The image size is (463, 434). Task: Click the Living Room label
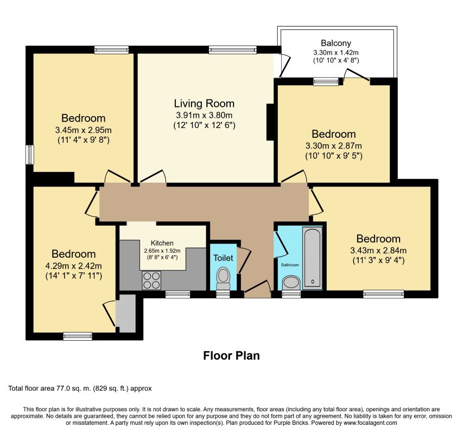point(204,104)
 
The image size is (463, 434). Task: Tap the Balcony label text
point(336,43)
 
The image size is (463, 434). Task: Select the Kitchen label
point(162,243)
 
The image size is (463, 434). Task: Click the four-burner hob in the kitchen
point(151,280)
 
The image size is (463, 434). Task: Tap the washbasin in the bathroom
point(291,282)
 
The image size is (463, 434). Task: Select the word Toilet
point(223,258)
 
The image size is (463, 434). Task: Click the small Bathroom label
point(290,265)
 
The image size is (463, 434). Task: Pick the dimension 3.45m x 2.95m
point(83,130)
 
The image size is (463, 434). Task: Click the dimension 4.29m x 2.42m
point(73,266)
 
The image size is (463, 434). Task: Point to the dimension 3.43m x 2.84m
point(378,251)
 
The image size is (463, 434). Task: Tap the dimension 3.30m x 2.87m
point(334,146)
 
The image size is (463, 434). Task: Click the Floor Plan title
point(231,355)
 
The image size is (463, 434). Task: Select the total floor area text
point(80,388)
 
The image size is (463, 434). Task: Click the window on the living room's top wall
point(233,50)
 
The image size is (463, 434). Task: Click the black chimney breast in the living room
point(270,122)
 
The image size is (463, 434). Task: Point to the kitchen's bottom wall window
point(177,294)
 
